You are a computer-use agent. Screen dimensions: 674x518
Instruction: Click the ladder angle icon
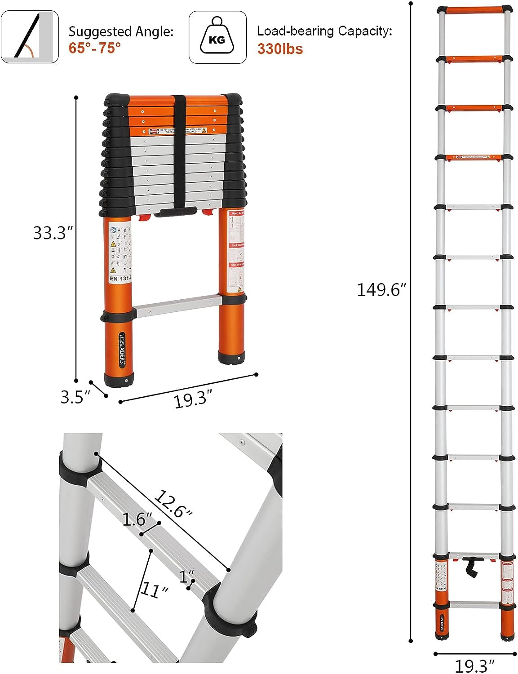[x=30, y=37]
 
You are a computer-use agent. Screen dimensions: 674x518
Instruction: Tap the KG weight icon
[x=217, y=37]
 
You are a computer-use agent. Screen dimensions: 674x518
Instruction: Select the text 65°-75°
[x=95, y=48]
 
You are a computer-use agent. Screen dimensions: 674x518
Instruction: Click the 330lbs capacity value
[x=280, y=49]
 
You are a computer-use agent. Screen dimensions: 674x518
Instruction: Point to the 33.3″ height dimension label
[x=53, y=233]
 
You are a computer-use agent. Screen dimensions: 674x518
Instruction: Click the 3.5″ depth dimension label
[x=75, y=397]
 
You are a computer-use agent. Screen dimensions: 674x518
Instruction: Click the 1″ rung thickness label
[x=187, y=576]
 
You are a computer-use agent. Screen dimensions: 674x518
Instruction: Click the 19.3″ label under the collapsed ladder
[x=192, y=399]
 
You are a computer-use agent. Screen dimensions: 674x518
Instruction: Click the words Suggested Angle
[x=120, y=31]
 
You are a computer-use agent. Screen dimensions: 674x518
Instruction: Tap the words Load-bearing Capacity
[x=324, y=31]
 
